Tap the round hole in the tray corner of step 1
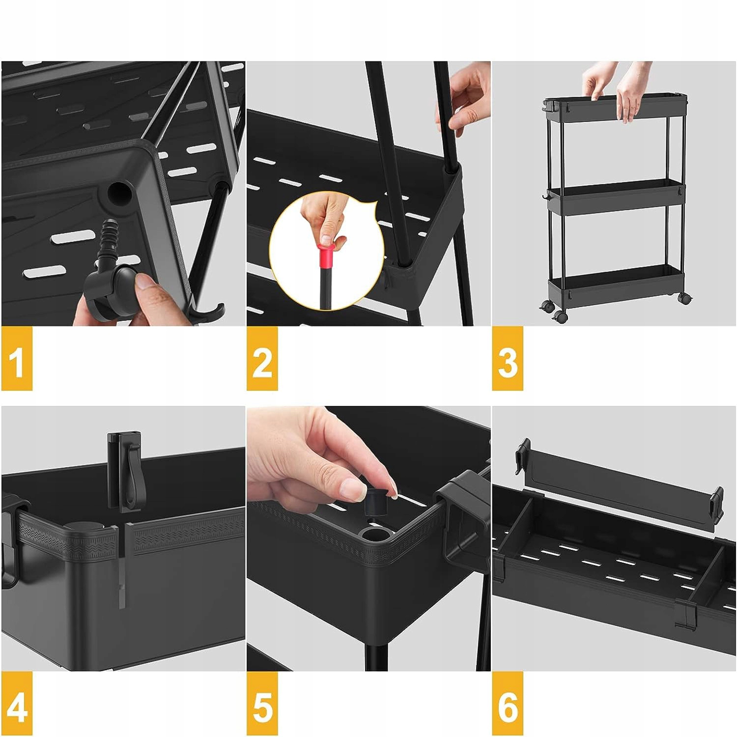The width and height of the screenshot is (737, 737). pyautogui.click(x=119, y=193)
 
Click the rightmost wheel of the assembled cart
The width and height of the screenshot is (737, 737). pyautogui.click(x=684, y=298)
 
